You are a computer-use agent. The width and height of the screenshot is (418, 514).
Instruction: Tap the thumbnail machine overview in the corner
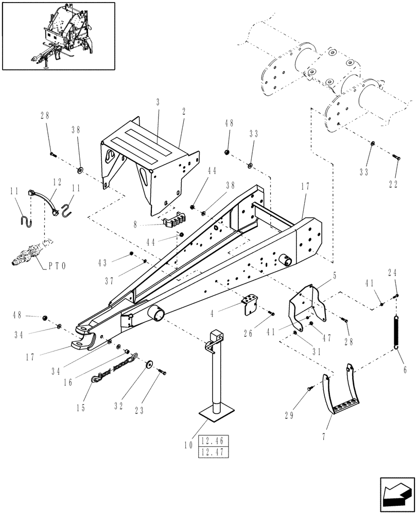point(58,35)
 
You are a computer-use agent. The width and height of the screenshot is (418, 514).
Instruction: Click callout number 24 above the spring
point(394,273)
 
